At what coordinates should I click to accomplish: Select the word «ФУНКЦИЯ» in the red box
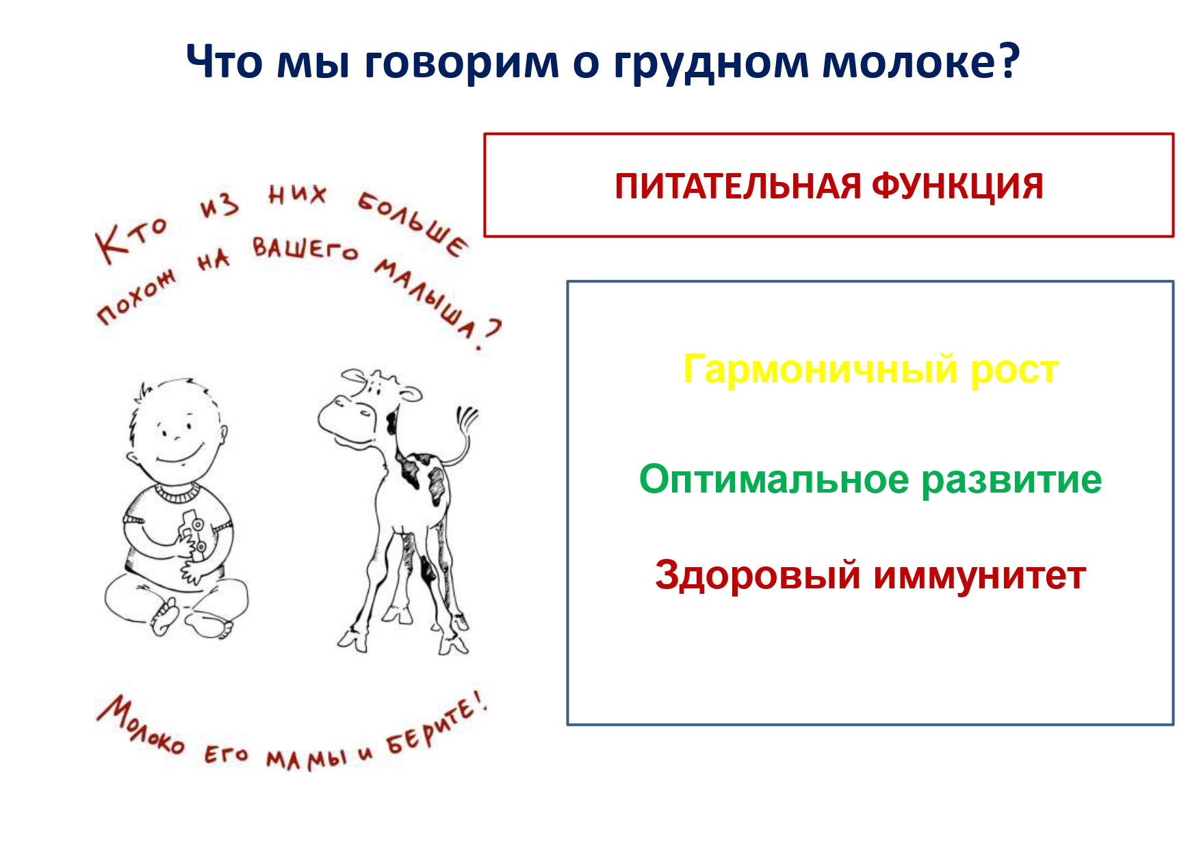coord(957,186)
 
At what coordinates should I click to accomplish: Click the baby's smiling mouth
coord(180,455)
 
